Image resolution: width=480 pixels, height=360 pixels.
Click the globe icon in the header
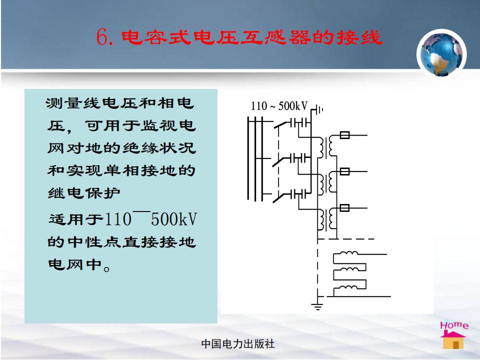(x=441, y=53)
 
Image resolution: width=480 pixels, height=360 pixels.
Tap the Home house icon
(x=453, y=335)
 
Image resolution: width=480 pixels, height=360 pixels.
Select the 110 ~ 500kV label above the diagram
(x=279, y=106)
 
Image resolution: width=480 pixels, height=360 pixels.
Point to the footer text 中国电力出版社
(x=238, y=344)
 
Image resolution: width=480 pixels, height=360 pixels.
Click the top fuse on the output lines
(x=344, y=134)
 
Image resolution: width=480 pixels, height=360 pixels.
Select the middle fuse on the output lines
(x=344, y=171)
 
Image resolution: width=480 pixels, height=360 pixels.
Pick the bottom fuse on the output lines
(x=344, y=208)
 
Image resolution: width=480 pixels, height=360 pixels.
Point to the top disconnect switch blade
(x=281, y=124)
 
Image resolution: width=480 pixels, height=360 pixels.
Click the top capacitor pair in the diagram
(x=300, y=123)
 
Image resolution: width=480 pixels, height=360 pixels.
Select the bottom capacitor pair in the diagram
(x=300, y=194)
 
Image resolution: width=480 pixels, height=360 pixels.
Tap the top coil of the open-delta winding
(x=349, y=253)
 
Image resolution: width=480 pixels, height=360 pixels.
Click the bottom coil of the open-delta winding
(x=348, y=287)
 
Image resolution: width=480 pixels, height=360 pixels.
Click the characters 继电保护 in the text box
(x=84, y=193)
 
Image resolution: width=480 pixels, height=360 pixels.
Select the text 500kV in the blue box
(x=174, y=219)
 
